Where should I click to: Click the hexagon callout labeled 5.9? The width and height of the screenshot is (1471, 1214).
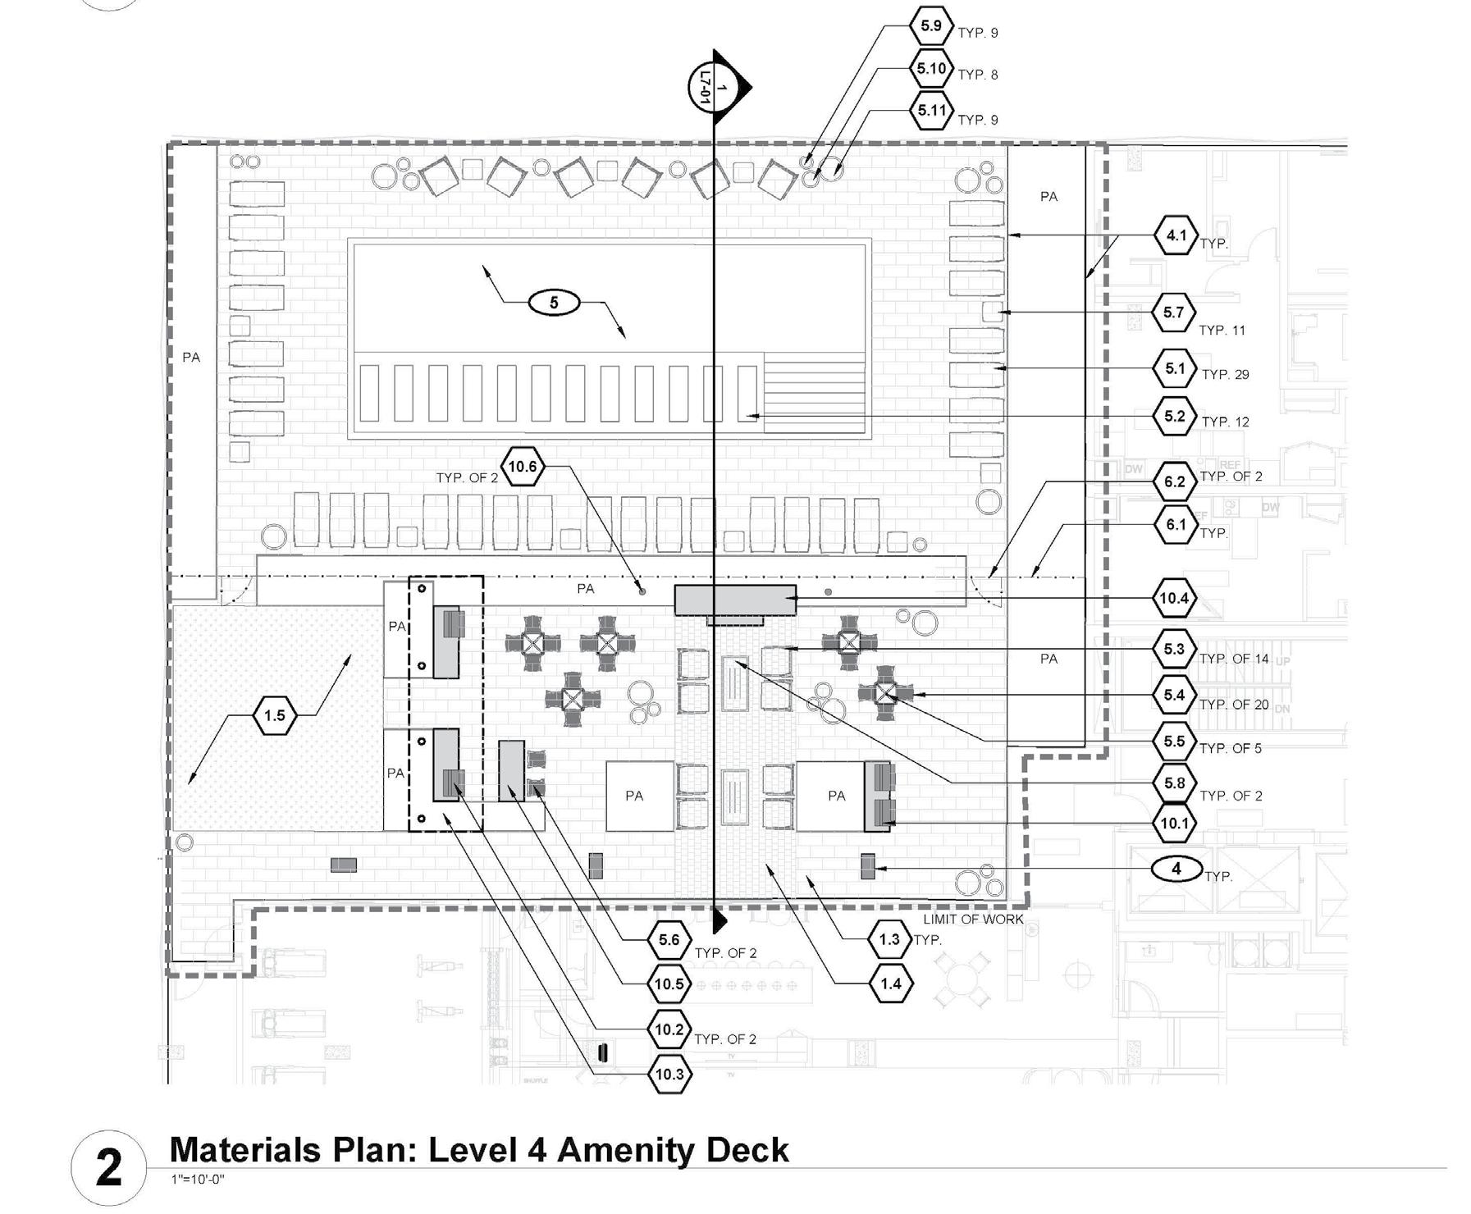click(x=930, y=26)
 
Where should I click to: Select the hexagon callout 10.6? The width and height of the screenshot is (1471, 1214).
click(x=523, y=468)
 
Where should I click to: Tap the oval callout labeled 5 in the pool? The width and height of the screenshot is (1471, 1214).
click(x=554, y=303)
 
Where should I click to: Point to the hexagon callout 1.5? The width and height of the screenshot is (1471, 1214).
click(x=274, y=715)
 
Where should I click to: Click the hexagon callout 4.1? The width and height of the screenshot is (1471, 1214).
click(x=1176, y=235)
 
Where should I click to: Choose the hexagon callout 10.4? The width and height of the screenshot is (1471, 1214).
click(x=1174, y=599)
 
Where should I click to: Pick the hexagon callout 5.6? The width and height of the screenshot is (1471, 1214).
click(x=669, y=940)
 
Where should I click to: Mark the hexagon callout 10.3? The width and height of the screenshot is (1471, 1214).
click(x=669, y=1075)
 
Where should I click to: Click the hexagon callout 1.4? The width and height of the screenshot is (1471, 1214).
click(x=890, y=984)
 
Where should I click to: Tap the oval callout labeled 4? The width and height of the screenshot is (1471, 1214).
click(x=1176, y=869)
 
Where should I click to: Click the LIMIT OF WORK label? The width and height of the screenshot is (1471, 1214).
click(x=973, y=920)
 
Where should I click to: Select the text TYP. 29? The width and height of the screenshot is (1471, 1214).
click(x=1225, y=375)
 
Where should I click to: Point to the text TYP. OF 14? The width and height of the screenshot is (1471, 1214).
click(x=1233, y=659)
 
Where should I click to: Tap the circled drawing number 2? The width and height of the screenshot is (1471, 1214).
click(x=109, y=1167)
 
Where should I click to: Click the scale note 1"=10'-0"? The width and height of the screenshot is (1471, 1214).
click(x=197, y=1180)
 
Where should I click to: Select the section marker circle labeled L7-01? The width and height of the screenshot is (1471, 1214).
click(x=707, y=86)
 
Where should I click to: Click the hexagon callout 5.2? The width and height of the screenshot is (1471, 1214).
click(x=1175, y=417)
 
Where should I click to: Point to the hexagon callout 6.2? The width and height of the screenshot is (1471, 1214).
click(x=1175, y=481)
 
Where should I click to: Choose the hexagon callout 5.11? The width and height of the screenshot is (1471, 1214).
click(x=932, y=111)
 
